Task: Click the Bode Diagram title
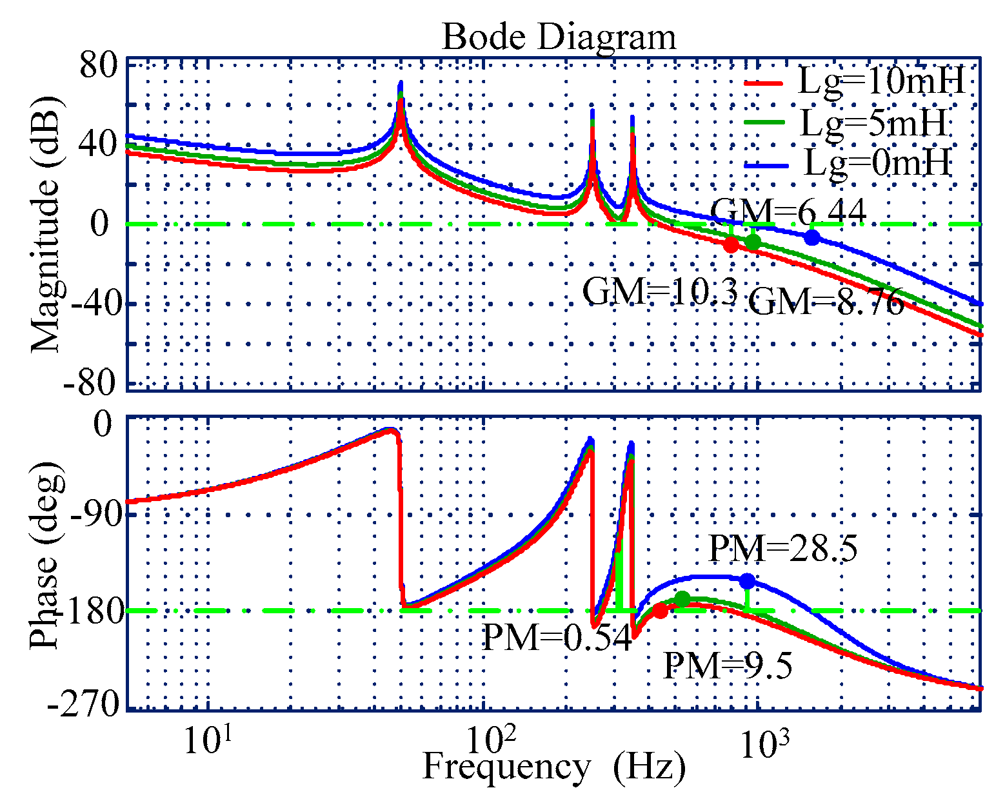[559, 37]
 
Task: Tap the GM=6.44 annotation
[788, 211]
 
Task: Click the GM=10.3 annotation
[660, 291]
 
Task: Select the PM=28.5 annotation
[783, 549]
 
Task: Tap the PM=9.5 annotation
[728, 666]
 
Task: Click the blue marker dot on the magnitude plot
[812, 237]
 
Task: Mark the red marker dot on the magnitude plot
[731, 245]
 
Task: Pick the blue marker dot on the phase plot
[747, 581]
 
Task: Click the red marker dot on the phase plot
[660, 611]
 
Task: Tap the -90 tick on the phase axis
[90, 515]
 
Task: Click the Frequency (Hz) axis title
[553, 767]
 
